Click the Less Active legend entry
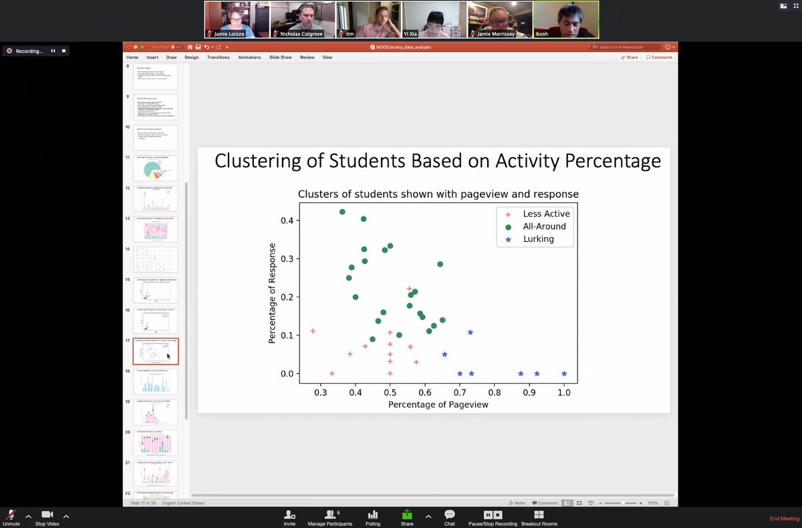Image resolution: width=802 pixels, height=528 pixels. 546,214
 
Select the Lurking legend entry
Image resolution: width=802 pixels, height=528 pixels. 538,239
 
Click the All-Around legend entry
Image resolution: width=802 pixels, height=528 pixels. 544,227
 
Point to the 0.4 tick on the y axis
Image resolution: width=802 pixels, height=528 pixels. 287,221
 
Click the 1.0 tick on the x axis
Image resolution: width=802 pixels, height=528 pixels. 564,393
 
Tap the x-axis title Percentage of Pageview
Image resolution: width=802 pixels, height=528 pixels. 438,405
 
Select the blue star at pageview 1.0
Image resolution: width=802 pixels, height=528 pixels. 564,374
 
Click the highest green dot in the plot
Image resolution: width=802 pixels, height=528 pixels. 342,212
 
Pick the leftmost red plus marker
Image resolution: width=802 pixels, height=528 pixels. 313,332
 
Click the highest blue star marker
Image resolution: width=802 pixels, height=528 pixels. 471,332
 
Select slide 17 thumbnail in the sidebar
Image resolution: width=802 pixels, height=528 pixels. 156,352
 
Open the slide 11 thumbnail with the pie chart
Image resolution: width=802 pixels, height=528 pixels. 156,168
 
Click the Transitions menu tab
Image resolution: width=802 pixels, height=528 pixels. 218,57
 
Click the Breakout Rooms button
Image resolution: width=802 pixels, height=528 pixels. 539,518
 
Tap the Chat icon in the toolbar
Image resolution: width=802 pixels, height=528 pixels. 450,518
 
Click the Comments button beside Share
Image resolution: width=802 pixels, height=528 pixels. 659,57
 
